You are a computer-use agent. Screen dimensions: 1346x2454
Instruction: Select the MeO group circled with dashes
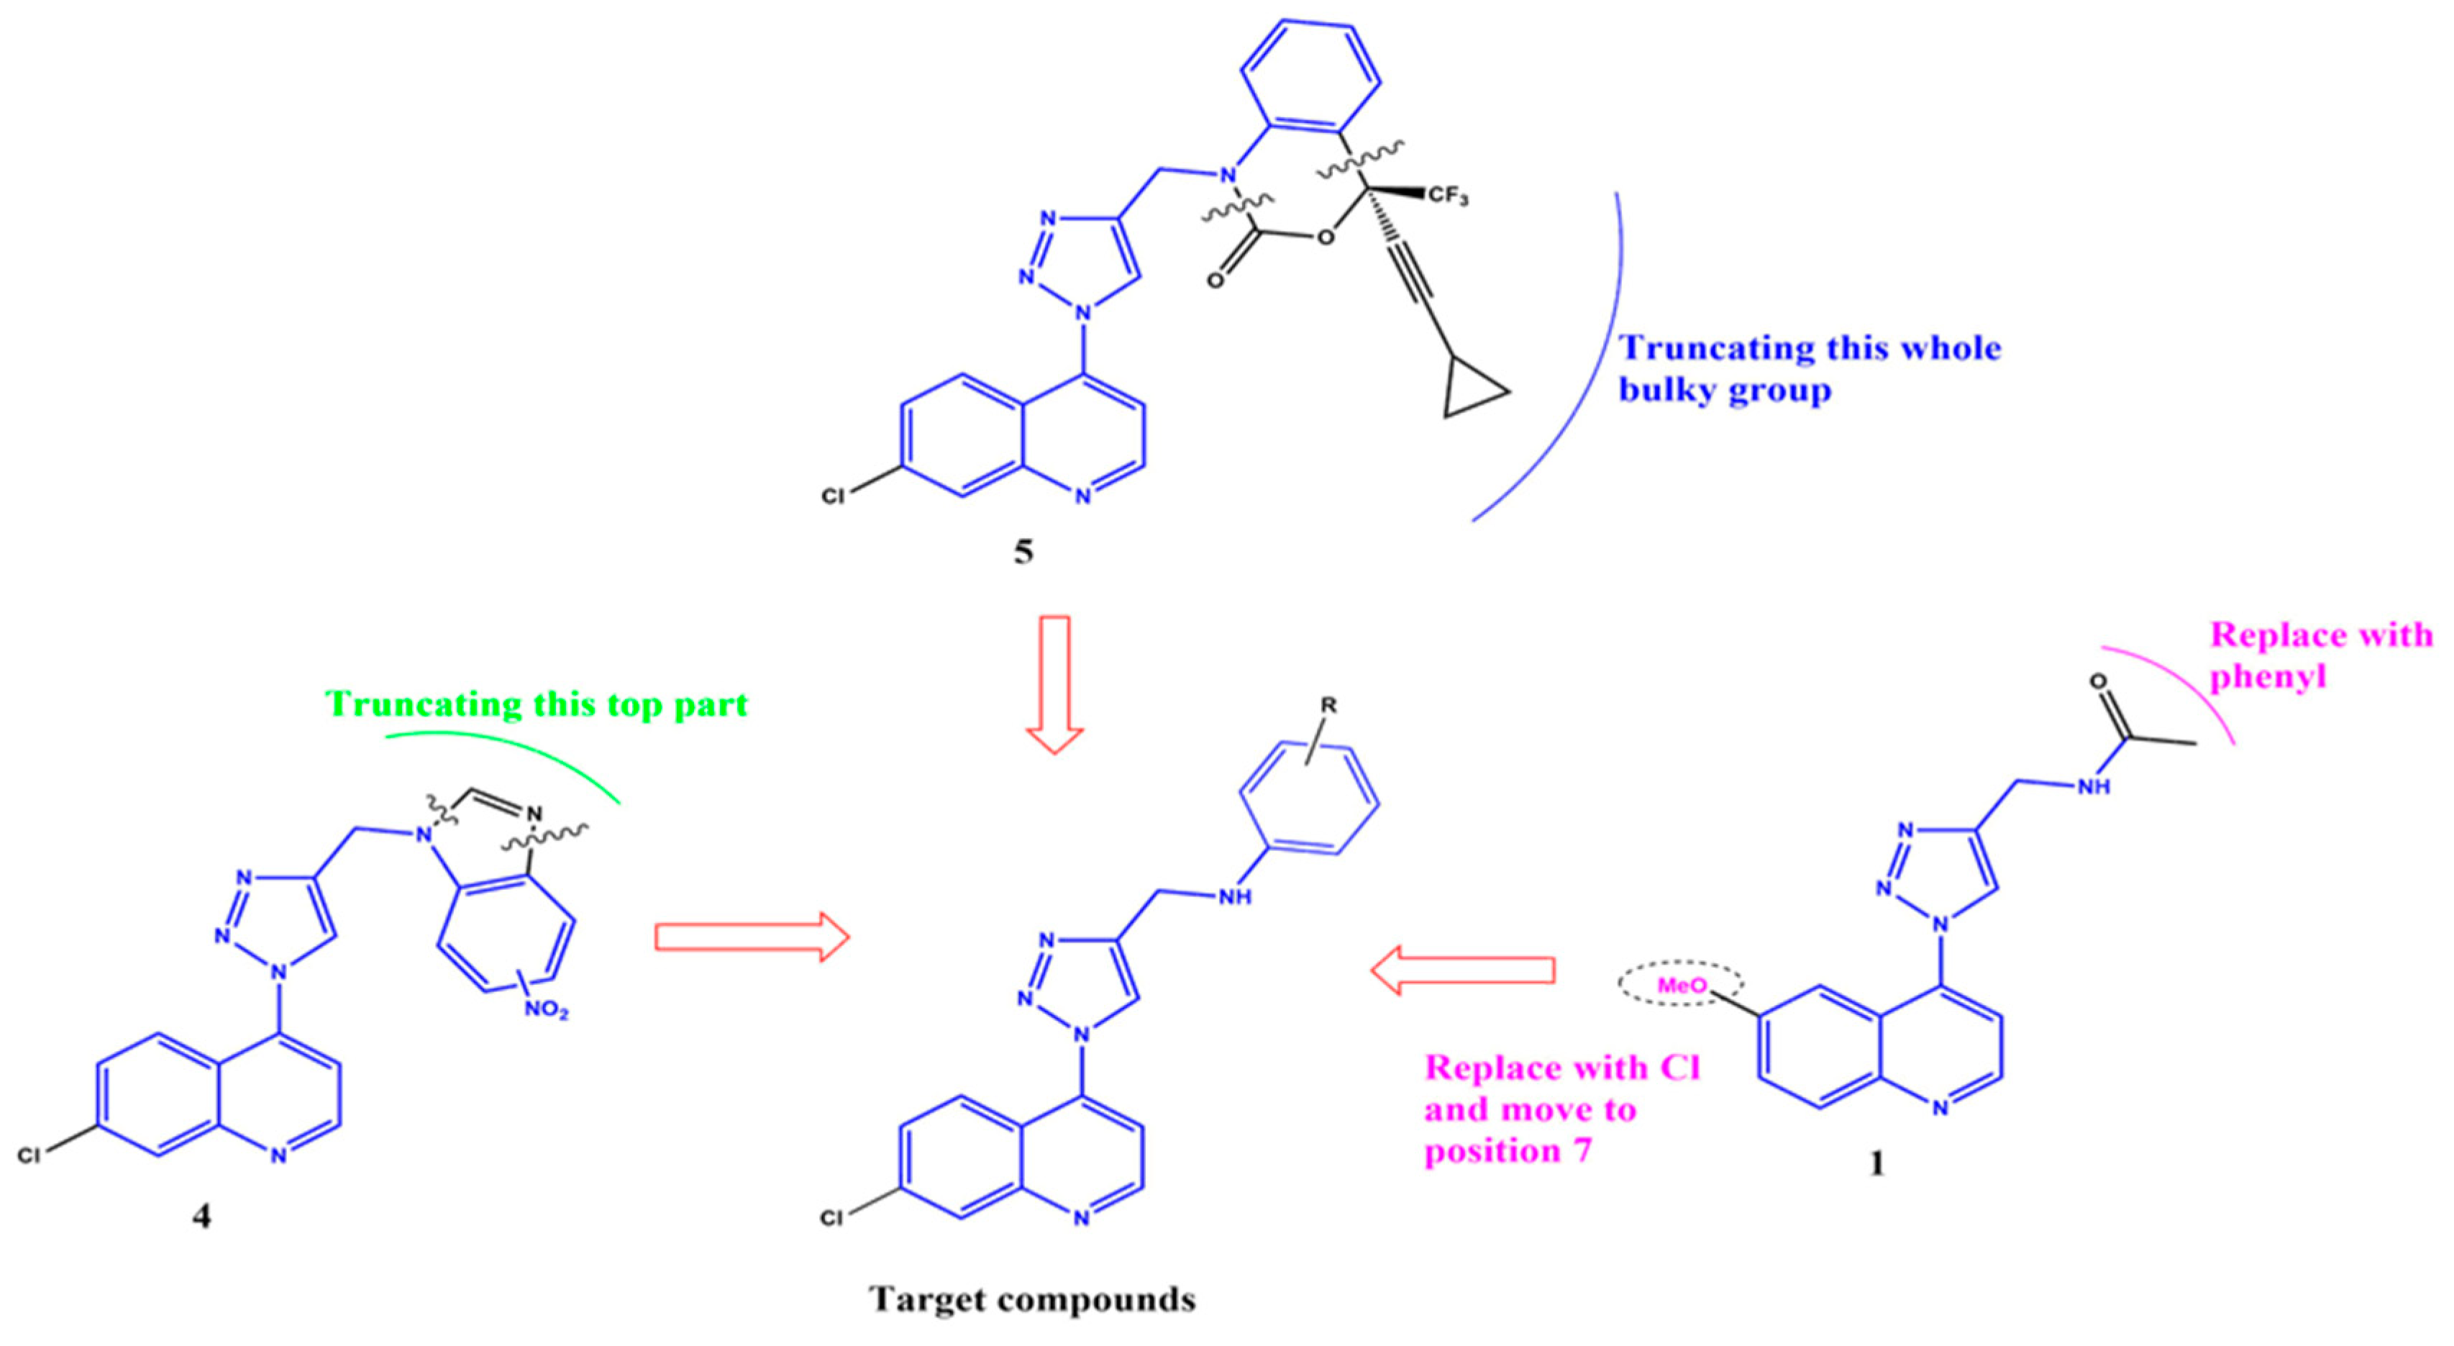1682,986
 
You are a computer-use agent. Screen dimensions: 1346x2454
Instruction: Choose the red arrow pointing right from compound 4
751,937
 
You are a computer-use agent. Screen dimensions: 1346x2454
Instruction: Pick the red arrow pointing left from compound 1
1462,970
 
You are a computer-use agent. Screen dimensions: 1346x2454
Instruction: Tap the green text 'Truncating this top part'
537,704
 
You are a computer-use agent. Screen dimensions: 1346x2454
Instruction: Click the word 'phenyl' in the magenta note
2267,676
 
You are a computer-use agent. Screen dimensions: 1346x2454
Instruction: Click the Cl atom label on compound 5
833,496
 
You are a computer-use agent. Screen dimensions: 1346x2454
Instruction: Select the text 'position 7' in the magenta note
1507,1151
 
